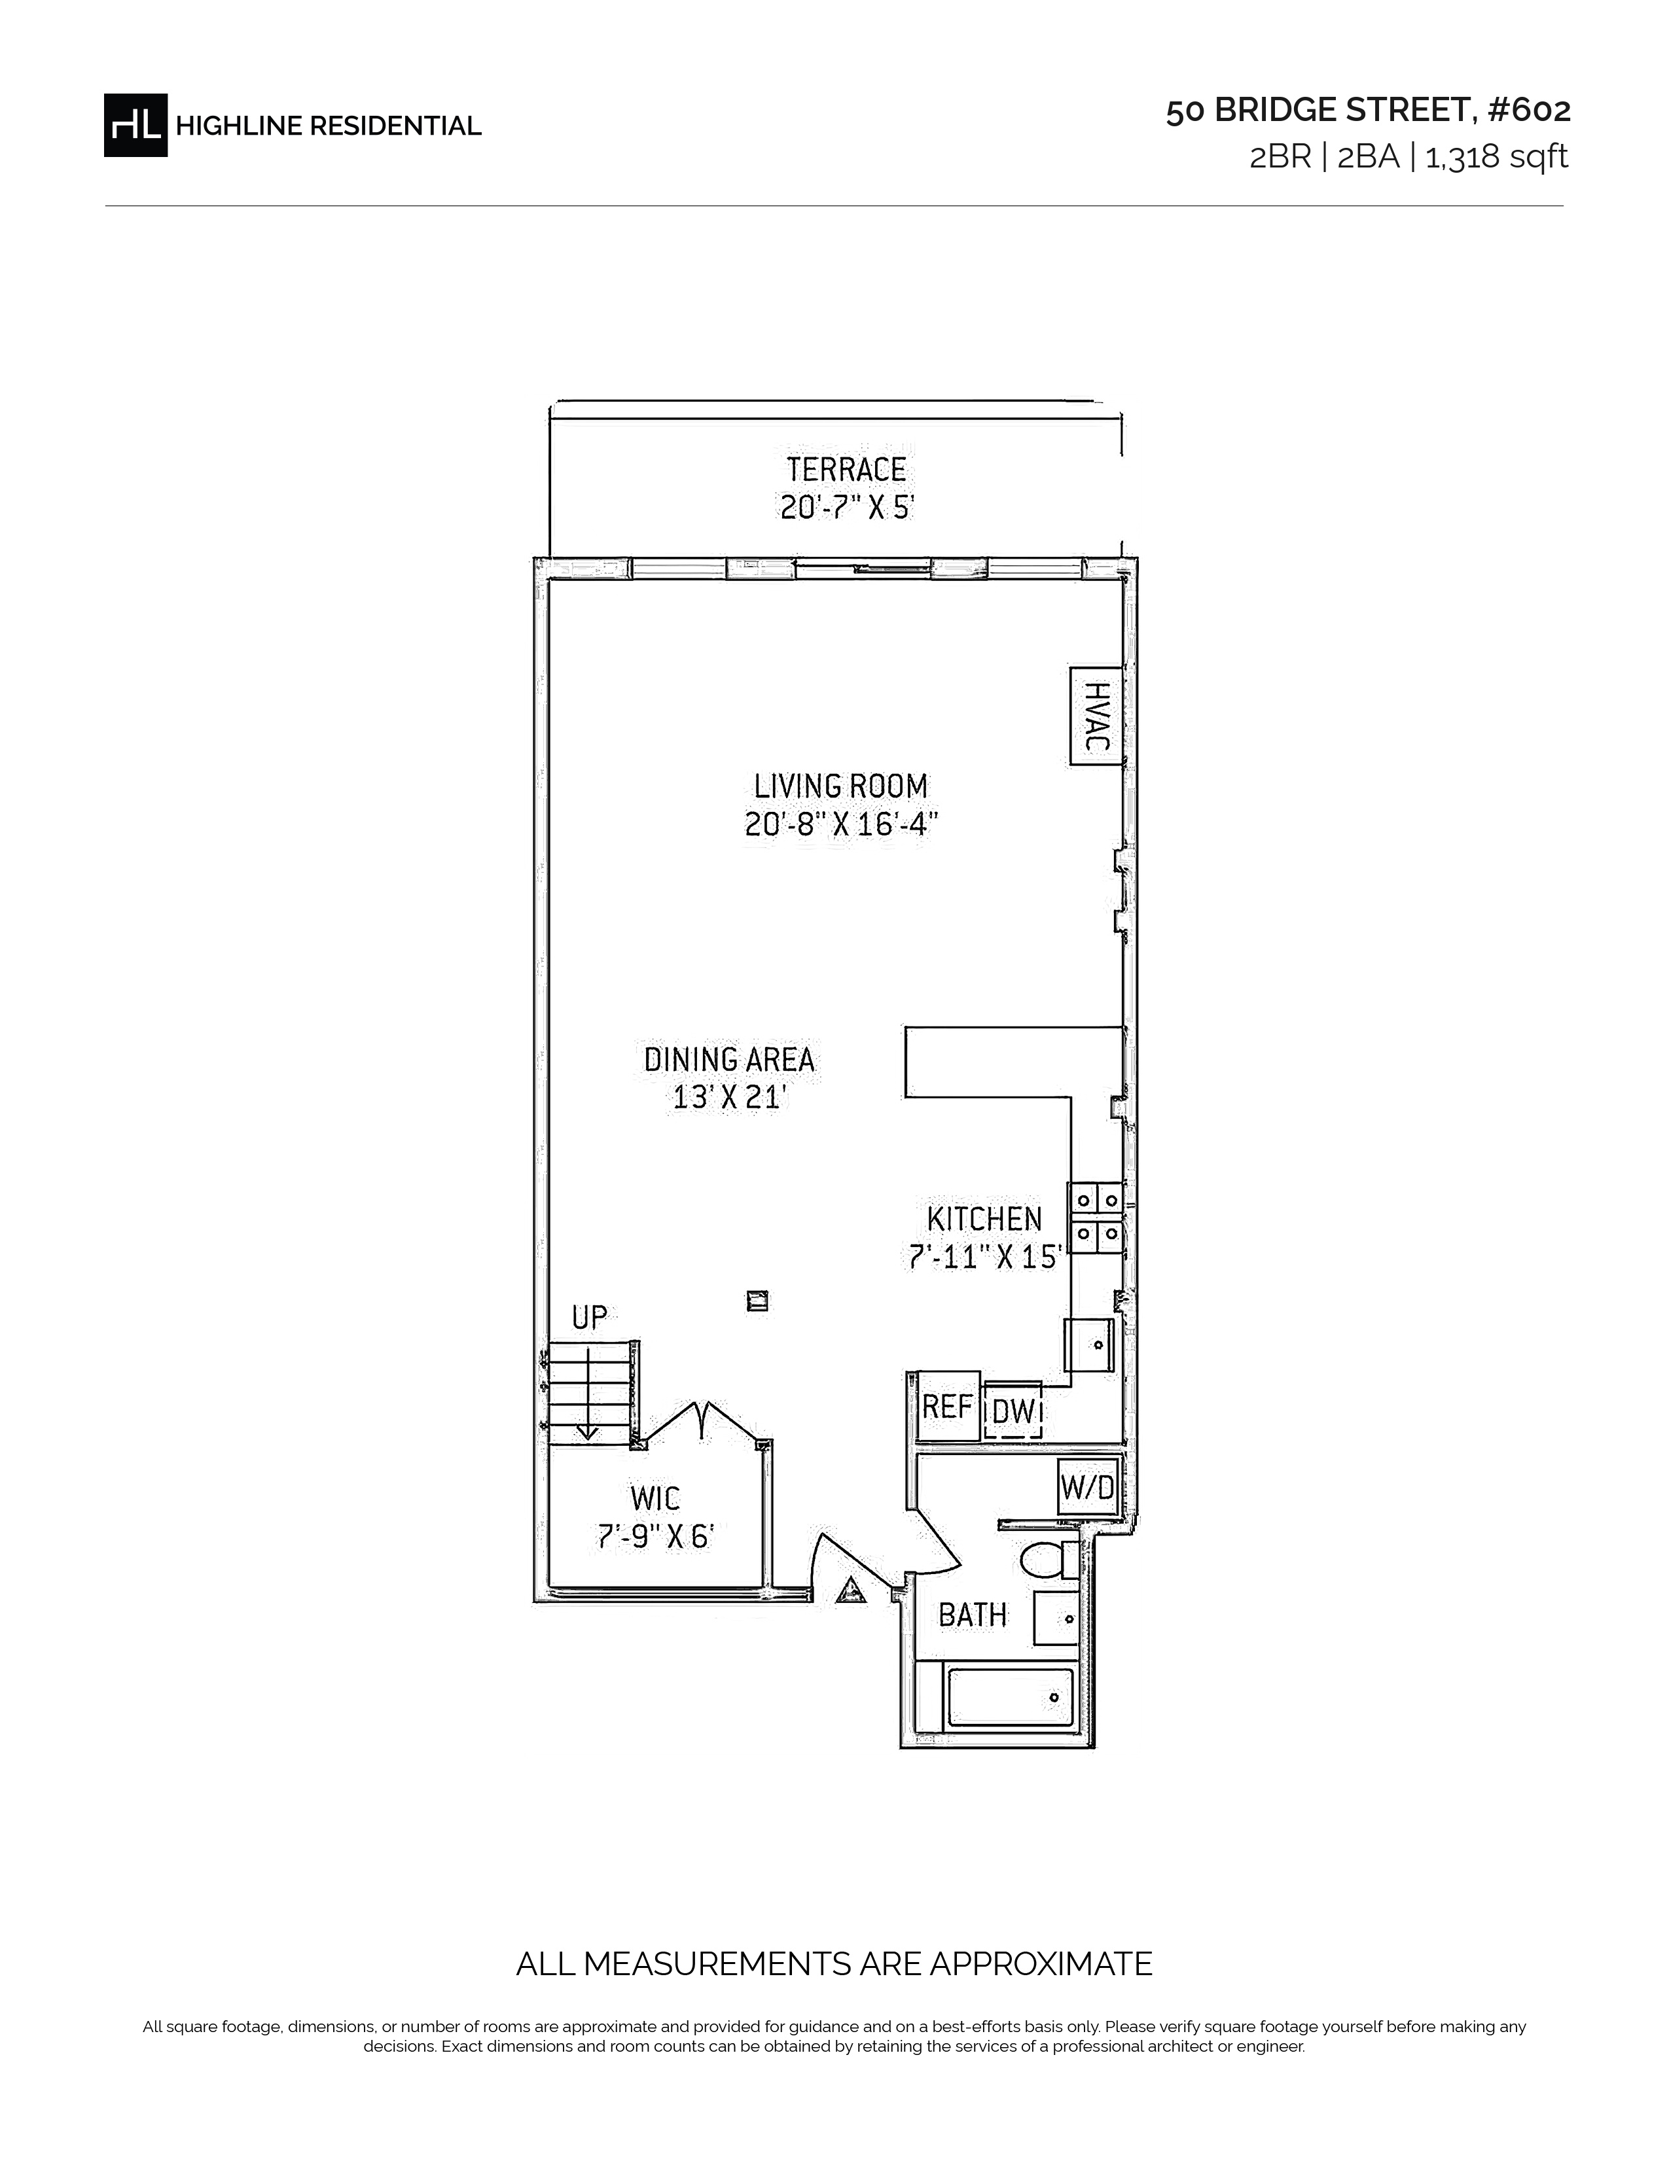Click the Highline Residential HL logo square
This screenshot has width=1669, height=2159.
point(135,124)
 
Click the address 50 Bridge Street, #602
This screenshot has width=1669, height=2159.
point(1367,111)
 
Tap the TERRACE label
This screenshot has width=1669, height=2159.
point(846,468)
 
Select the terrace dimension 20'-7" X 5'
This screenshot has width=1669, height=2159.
point(848,507)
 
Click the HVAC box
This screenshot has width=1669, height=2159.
point(1096,716)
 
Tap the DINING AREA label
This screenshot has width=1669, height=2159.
point(730,1060)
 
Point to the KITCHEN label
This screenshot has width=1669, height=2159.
point(985,1218)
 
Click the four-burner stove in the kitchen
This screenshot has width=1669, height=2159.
point(1096,1218)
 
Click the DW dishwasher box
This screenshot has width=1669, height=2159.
point(1013,1410)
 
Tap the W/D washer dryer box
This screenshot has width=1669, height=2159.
point(1088,1486)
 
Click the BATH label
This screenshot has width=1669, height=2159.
point(973,1614)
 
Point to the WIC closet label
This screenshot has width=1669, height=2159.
point(656,1499)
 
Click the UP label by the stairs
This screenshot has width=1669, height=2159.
point(589,1317)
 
